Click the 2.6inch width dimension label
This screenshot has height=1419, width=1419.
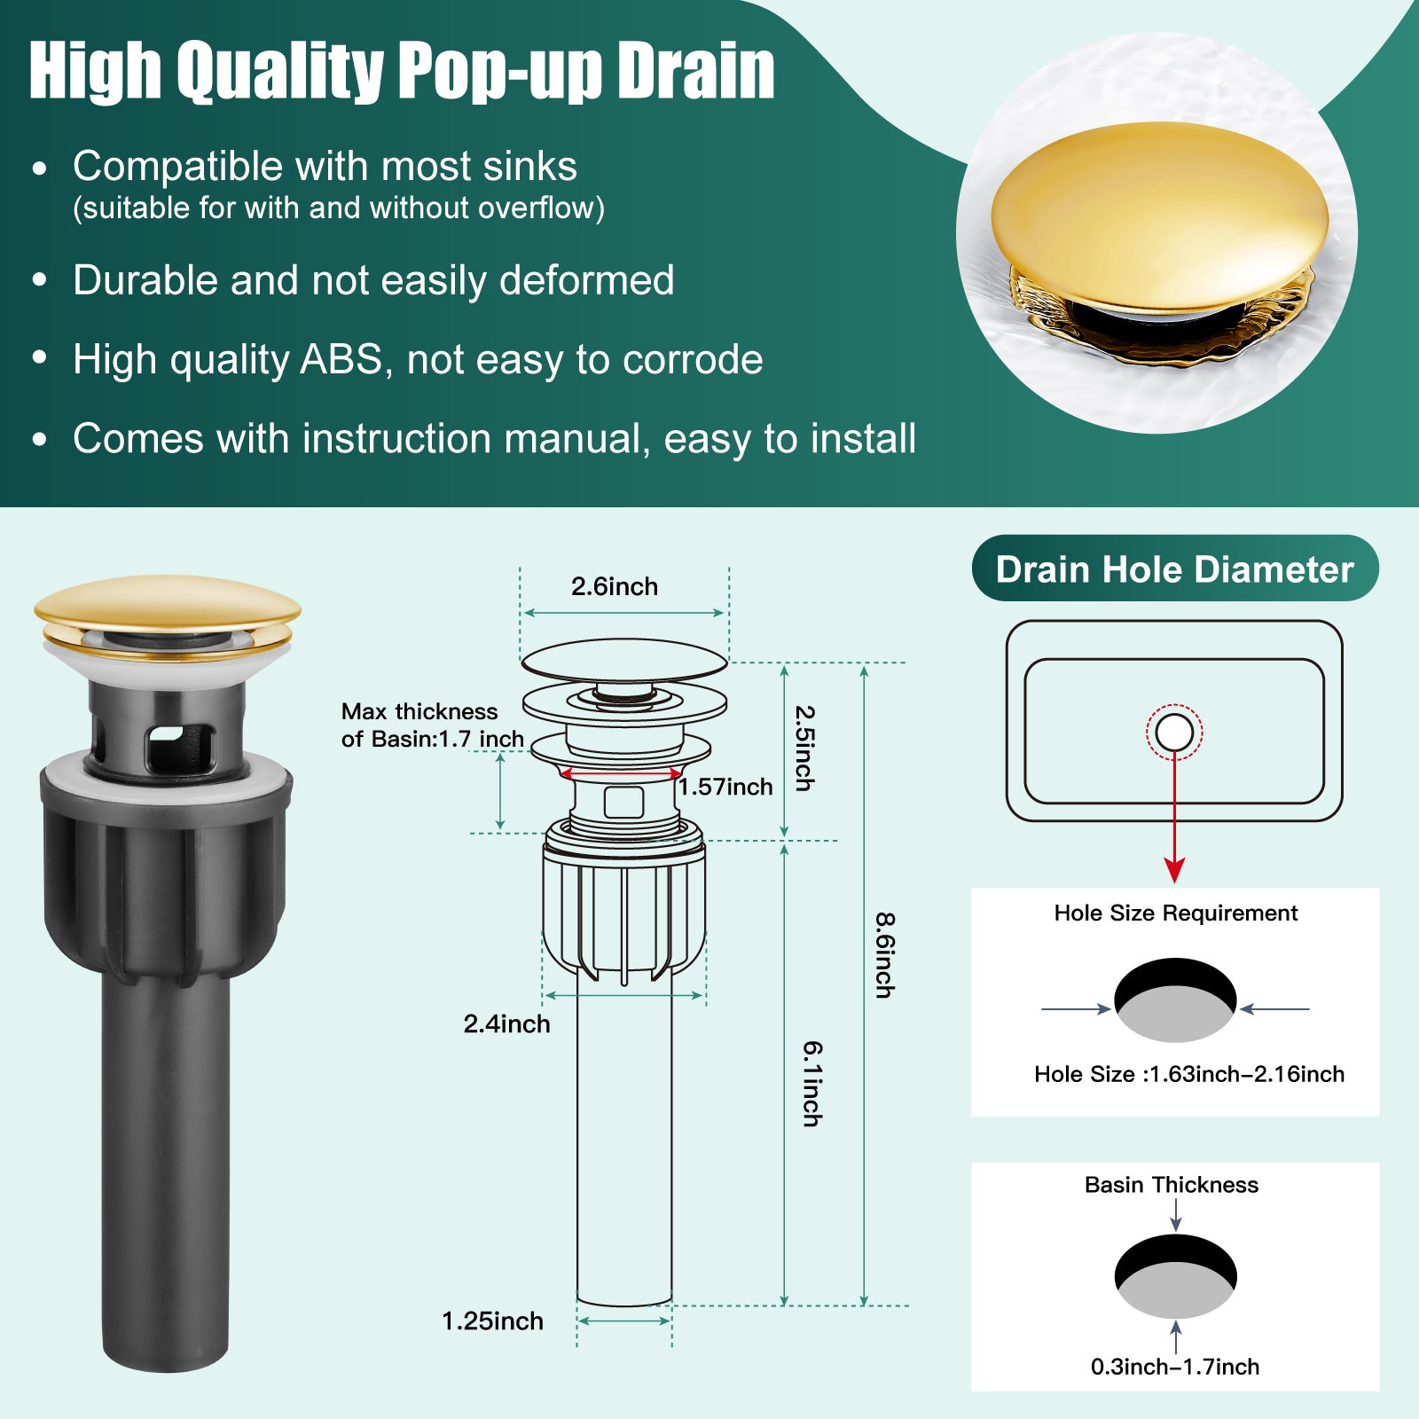(615, 586)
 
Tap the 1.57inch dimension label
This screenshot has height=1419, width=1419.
(726, 787)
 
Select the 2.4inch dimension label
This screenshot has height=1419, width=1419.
(506, 1023)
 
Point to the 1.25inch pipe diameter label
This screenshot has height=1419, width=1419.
(492, 1321)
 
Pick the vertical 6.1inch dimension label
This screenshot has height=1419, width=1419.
(812, 1084)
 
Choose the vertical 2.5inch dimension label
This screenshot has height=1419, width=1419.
(804, 748)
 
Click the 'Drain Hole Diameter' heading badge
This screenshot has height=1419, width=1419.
(1175, 568)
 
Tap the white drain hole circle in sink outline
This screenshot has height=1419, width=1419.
(1174, 733)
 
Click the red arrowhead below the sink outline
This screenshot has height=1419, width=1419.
(1174, 870)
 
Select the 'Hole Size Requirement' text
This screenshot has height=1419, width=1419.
(1175, 913)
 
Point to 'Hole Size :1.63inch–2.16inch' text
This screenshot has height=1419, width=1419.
(1188, 1074)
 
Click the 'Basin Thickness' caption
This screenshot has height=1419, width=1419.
(1171, 1185)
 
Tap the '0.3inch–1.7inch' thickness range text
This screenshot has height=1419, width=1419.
(1175, 1367)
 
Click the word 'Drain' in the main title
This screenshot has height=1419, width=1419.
(696, 71)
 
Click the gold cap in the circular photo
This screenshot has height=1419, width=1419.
(1159, 217)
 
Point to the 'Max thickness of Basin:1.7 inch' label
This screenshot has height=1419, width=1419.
(432, 725)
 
